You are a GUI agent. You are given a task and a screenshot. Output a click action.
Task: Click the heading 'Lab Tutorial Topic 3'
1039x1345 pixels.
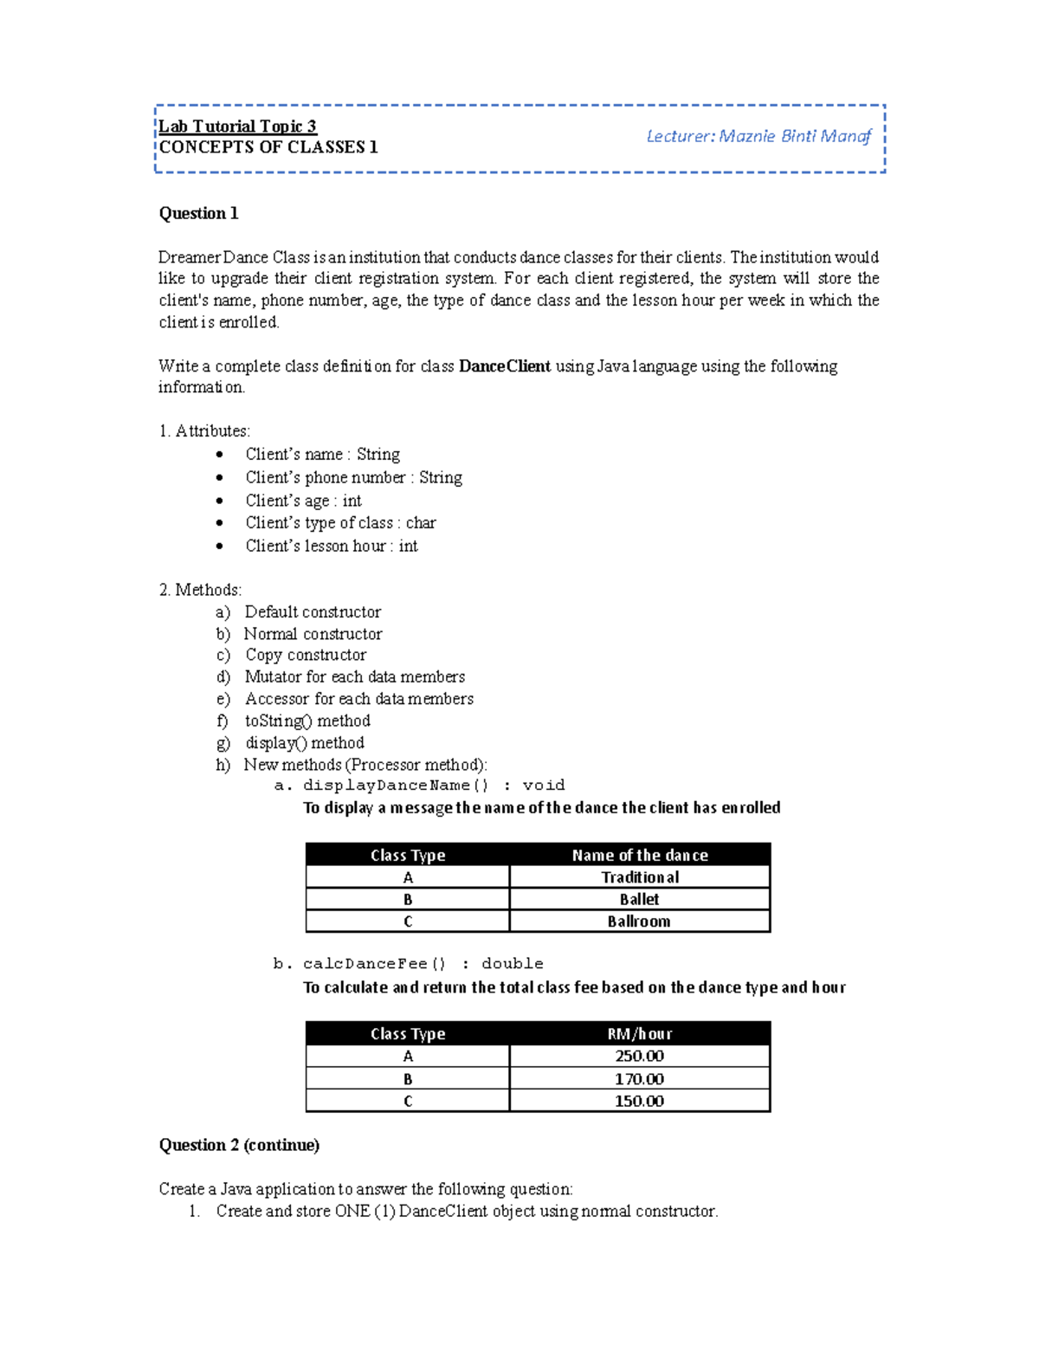point(237,126)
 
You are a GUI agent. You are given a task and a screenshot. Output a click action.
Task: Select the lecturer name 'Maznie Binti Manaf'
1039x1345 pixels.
point(794,136)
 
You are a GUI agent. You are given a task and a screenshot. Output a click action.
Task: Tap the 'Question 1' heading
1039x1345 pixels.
point(198,213)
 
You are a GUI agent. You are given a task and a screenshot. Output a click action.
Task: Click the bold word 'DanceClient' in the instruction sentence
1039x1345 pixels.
point(504,366)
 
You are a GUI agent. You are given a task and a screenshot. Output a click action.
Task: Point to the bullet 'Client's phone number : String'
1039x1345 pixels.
point(353,477)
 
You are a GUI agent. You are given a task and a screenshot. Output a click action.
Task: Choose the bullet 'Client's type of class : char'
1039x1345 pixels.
point(340,522)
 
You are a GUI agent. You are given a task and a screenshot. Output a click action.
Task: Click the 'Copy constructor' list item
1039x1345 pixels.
point(305,655)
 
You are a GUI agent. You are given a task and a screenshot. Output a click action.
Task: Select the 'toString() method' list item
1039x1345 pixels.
point(307,721)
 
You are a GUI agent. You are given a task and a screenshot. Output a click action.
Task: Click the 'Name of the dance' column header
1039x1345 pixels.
point(640,855)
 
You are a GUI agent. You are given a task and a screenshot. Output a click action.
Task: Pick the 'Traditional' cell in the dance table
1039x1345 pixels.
point(640,877)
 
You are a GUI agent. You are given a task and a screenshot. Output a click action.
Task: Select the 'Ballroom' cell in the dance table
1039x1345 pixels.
point(639,921)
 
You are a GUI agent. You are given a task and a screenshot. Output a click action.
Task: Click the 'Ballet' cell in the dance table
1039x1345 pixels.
point(639,899)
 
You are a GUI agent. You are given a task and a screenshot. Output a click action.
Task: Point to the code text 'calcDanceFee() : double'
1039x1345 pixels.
point(423,964)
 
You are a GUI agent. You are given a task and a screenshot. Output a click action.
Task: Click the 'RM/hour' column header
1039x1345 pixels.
point(640,1033)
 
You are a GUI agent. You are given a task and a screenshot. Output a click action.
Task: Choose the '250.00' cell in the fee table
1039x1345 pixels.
point(640,1056)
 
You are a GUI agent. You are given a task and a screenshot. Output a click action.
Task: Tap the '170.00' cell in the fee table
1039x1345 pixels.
point(640,1079)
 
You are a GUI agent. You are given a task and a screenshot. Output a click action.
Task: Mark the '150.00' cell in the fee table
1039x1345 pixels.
point(640,1101)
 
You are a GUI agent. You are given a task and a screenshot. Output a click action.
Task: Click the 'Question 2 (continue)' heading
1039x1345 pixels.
point(239,1145)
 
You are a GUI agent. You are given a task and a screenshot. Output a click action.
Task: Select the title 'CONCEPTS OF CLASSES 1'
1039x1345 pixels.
point(268,147)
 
